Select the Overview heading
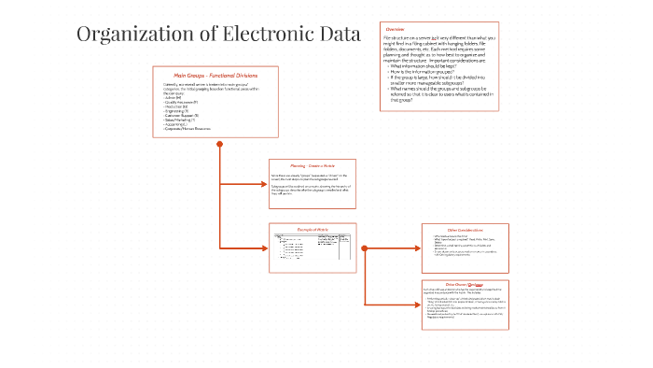[x=395, y=30]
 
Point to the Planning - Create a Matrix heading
[x=313, y=164]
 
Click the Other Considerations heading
[x=464, y=230]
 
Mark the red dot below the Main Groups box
[x=219, y=144]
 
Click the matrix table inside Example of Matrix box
[x=313, y=248]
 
